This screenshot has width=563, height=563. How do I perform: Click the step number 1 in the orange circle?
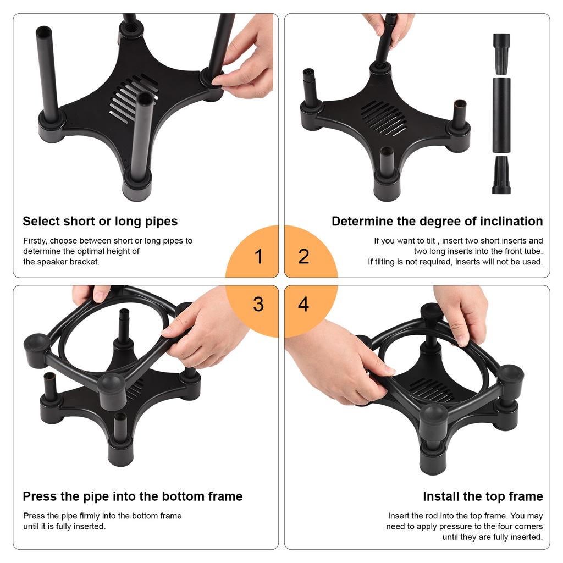point(258,256)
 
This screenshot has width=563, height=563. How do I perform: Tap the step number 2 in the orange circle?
point(303,256)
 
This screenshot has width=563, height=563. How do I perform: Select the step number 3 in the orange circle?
point(258,304)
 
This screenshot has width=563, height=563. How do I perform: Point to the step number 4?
point(303,304)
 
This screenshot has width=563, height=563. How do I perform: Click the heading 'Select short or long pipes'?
point(100,222)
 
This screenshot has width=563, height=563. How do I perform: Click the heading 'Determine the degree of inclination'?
point(437,222)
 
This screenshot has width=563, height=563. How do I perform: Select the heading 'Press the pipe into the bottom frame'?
point(133,496)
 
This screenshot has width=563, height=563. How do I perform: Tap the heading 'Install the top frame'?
point(483,496)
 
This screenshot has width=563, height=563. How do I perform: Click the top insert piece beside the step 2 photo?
point(501,54)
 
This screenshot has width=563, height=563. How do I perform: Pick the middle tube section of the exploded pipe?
point(501,115)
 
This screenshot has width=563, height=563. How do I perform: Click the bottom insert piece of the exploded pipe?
point(501,175)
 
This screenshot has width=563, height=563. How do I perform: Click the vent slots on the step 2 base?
point(384,118)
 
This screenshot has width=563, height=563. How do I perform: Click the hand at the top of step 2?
point(388,25)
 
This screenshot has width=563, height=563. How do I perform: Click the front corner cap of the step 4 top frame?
point(434,416)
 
